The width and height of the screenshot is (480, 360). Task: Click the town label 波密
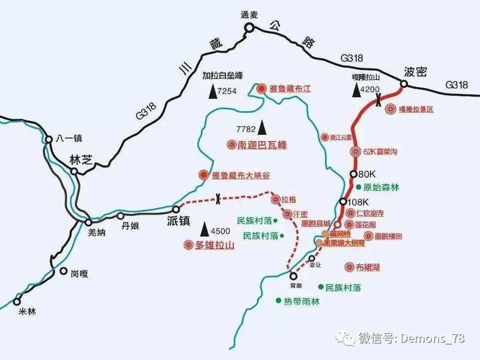click(415, 72)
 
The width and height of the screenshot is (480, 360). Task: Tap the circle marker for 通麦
click(249, 28)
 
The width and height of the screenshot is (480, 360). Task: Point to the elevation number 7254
click(227, 91)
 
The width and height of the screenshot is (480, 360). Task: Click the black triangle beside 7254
click(211, 91)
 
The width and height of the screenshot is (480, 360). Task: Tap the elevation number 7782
click(246, 129)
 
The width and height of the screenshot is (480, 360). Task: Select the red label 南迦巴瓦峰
click(262, 145)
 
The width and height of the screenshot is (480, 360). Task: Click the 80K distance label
click(367, 174)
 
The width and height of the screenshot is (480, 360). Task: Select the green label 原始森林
click(381, 187)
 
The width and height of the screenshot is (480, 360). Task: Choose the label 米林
click(27, 311)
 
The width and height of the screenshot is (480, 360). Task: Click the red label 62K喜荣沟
click(381, 151)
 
